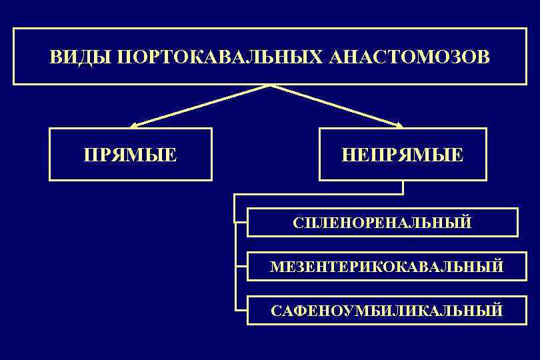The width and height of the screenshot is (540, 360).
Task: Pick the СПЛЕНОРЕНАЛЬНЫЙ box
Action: (382, 222)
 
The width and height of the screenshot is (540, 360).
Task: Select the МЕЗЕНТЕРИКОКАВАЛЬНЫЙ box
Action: (382, 267)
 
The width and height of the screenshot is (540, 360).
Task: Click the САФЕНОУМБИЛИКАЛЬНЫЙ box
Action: (382, 310)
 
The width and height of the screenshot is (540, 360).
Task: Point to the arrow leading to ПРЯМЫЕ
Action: (200, 105)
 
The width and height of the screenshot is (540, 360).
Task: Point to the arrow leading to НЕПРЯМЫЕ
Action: (337, 105)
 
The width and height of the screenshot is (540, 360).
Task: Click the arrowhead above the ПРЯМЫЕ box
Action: (133, 125)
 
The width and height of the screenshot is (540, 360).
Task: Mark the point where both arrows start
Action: (269, 85)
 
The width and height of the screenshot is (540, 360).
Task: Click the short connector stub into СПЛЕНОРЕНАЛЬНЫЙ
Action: (241, 222)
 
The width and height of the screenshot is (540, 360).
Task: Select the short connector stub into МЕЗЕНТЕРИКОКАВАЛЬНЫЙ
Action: (241, 267)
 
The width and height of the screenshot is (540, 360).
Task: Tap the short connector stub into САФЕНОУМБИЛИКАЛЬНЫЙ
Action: (241, 310)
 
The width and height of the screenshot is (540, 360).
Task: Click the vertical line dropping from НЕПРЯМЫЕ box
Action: (403, 187)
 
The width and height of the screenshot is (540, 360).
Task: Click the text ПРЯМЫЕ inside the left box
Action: (131, 155)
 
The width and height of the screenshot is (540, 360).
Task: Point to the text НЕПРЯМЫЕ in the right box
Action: (403, 155)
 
